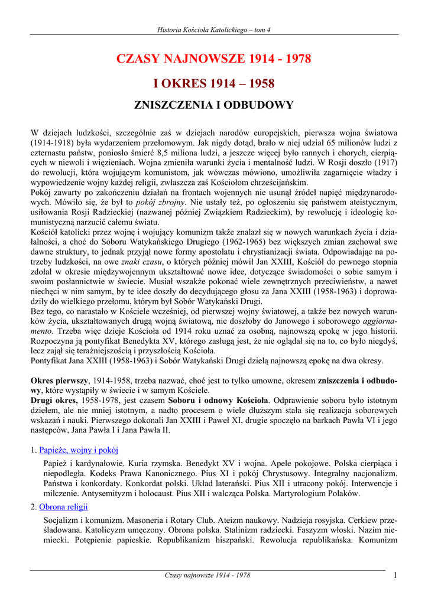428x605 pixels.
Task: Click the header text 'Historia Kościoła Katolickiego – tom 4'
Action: pyautogui.click(x=214, y=30)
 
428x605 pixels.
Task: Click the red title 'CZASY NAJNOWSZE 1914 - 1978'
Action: pyautogui.click(x=214, y=59)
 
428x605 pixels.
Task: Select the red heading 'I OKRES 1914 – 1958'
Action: pyautogui.click(x=214, y=83)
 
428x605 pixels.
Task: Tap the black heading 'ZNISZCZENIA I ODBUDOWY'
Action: pyautogui.click(x=214, y=106)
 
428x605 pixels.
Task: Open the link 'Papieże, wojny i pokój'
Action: pyautogui.click(x=79, y=450)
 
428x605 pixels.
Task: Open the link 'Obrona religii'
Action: pyautogui.click(x=63, y=506)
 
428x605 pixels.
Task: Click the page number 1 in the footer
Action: pyautogui.click(x=394, y=575)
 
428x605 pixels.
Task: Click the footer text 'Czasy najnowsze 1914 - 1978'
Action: pyautogui.click(x=207, y=575)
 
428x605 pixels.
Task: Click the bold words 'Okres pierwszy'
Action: pyautogui.click(x=59, y=382)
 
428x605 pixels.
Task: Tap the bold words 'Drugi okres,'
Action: pyautogui.click(x=55, y=401)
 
